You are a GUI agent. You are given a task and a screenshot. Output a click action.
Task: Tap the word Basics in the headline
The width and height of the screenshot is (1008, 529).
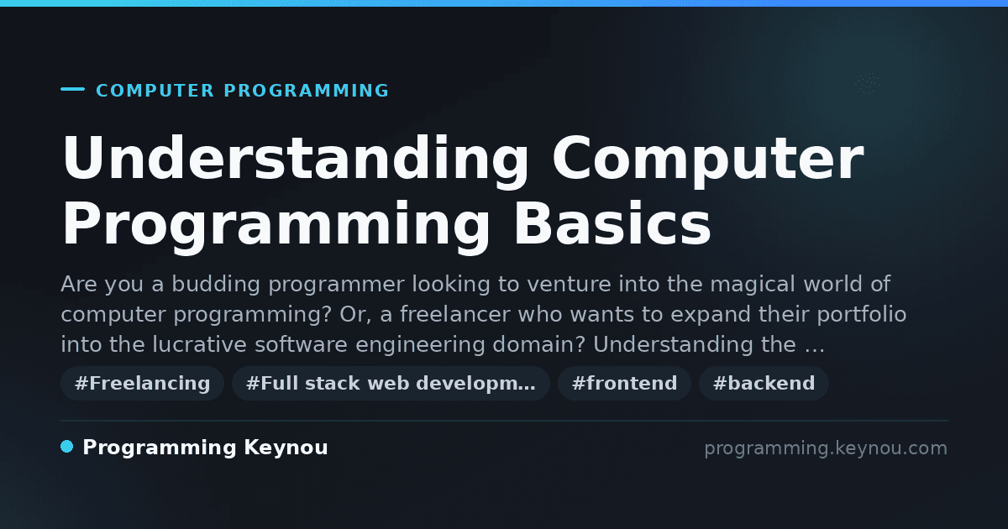612,223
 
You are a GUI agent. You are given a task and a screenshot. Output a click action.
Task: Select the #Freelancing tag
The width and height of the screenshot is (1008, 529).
142,383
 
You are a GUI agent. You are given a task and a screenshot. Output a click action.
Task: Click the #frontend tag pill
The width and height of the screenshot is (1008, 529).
624,383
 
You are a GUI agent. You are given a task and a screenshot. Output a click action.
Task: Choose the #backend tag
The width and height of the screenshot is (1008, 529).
764,383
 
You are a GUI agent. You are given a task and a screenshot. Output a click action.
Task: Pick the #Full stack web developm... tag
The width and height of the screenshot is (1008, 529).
391,383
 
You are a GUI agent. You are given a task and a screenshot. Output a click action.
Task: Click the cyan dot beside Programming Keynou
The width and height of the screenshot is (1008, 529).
66,447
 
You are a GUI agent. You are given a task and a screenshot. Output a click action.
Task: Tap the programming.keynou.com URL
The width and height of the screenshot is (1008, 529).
826,448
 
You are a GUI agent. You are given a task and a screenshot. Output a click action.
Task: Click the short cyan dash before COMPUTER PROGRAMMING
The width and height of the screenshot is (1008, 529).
72,89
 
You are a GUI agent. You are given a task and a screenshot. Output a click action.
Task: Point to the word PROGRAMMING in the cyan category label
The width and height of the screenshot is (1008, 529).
306,91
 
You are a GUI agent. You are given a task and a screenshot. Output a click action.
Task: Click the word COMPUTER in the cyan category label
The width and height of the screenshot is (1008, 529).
155,91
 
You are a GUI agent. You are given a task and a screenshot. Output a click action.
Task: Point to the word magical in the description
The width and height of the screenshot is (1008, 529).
753,285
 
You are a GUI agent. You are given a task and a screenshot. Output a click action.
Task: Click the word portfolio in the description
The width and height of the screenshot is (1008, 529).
861,315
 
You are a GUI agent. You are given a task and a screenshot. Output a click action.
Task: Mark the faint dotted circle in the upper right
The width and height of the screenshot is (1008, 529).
867,84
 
